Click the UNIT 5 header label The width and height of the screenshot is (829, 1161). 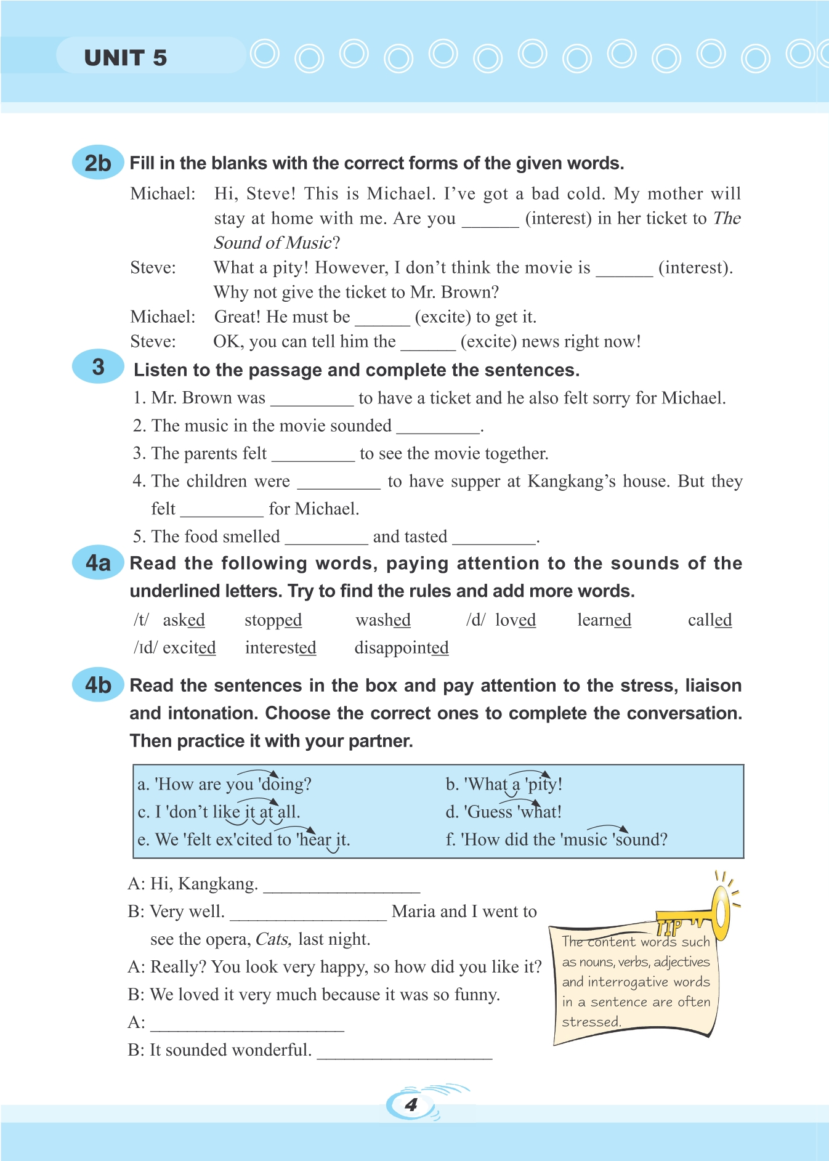[126, 58]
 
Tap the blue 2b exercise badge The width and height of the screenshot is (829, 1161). [98, 163]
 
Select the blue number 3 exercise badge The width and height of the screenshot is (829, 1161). [98, 367]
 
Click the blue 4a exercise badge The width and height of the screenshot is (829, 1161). [98, 562]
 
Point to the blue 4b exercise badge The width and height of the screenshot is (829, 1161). [98, 684]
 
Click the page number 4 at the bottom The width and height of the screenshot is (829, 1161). [411, 1104]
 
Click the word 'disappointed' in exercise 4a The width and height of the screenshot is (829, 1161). [401, 648]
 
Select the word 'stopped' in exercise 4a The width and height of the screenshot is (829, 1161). [273, 620]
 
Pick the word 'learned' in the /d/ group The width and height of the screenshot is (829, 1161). [604, 620]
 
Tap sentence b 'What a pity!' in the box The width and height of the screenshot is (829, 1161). [504, 784]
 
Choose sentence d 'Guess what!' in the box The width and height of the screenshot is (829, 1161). [503, 812]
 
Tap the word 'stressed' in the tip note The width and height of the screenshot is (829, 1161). [590, 1022]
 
